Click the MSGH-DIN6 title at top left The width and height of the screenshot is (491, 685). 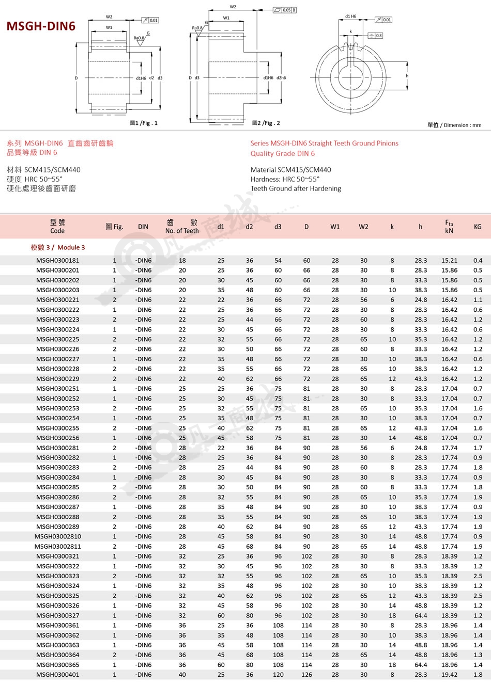[41, 26]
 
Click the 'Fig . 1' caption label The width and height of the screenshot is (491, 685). [144, 123]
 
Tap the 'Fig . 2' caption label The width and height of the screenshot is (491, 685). [266, 123]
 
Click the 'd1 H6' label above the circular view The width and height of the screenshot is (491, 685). [350, 17]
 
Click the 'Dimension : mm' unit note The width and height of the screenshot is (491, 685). [454, 125]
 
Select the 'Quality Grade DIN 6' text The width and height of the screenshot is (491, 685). [282, 153]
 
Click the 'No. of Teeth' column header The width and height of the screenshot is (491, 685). [182, 231]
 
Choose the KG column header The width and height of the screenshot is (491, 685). [478, 227]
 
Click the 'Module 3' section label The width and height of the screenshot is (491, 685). [58, 247]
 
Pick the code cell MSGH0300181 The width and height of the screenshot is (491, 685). [58, 260]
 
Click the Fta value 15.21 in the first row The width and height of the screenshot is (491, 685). [449, 260]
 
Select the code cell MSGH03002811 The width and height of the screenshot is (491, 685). [58, 546]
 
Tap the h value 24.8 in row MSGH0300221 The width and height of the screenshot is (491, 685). [421, 300]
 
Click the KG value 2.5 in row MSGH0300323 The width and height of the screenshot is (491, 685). [478, 576]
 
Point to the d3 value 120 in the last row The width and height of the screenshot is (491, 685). [278, 675]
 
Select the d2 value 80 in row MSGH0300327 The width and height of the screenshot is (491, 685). [250, 615]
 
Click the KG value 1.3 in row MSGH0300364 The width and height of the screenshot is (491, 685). [478, 655]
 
